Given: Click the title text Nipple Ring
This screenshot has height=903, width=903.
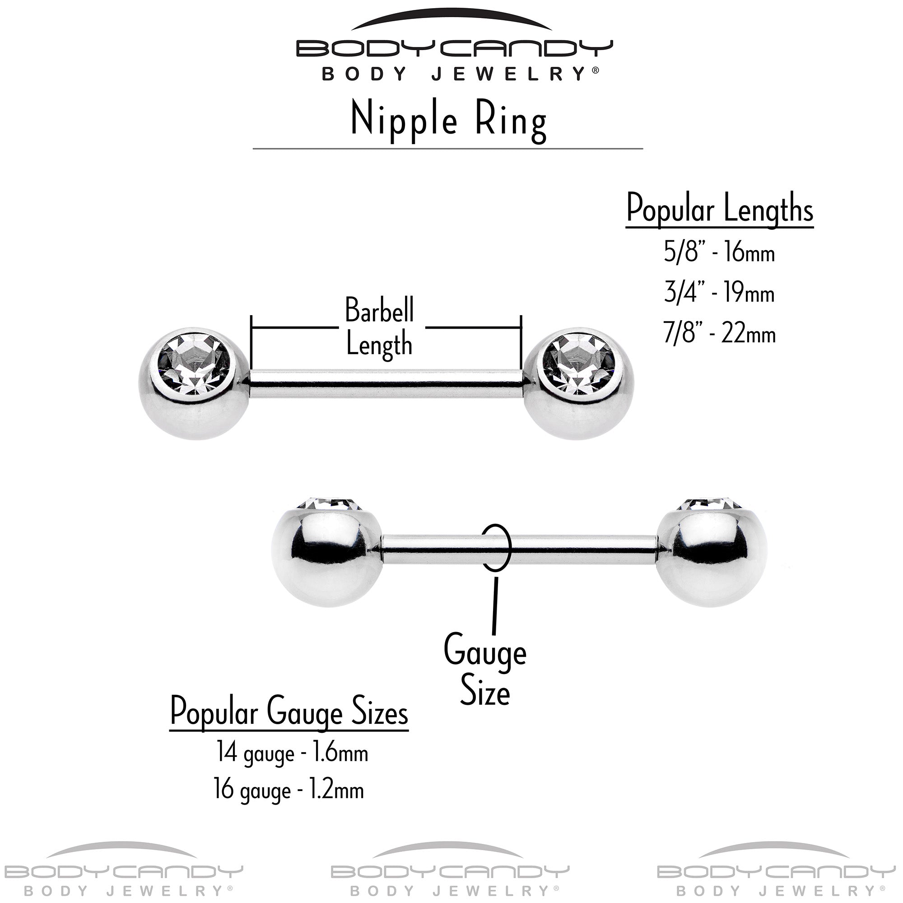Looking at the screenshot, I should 448,121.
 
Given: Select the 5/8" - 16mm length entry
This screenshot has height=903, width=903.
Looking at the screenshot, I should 719,253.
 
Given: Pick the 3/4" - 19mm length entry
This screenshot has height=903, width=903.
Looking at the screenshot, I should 719,293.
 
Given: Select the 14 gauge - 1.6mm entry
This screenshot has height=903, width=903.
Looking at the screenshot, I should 292,753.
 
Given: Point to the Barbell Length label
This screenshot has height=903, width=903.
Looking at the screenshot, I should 379,327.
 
